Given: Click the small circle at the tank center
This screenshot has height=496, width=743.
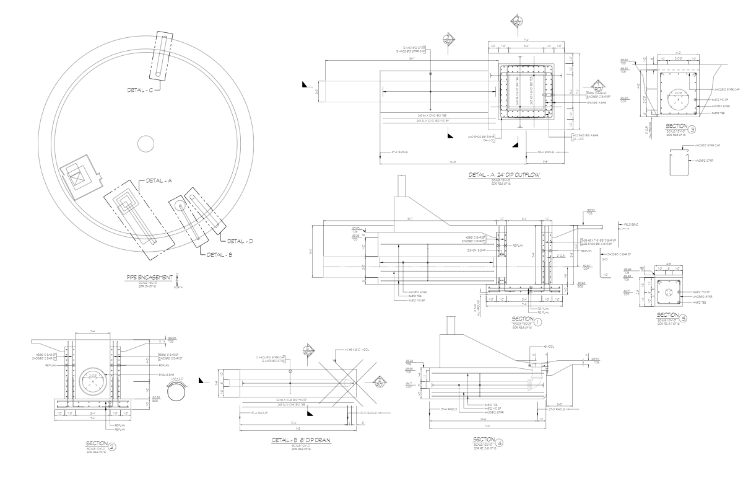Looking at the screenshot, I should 146,143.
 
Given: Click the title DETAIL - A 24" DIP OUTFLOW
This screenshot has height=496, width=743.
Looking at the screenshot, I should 505,175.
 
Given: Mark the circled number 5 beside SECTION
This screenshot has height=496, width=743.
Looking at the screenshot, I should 684,319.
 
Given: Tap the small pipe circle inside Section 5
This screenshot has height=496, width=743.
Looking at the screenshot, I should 670,292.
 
